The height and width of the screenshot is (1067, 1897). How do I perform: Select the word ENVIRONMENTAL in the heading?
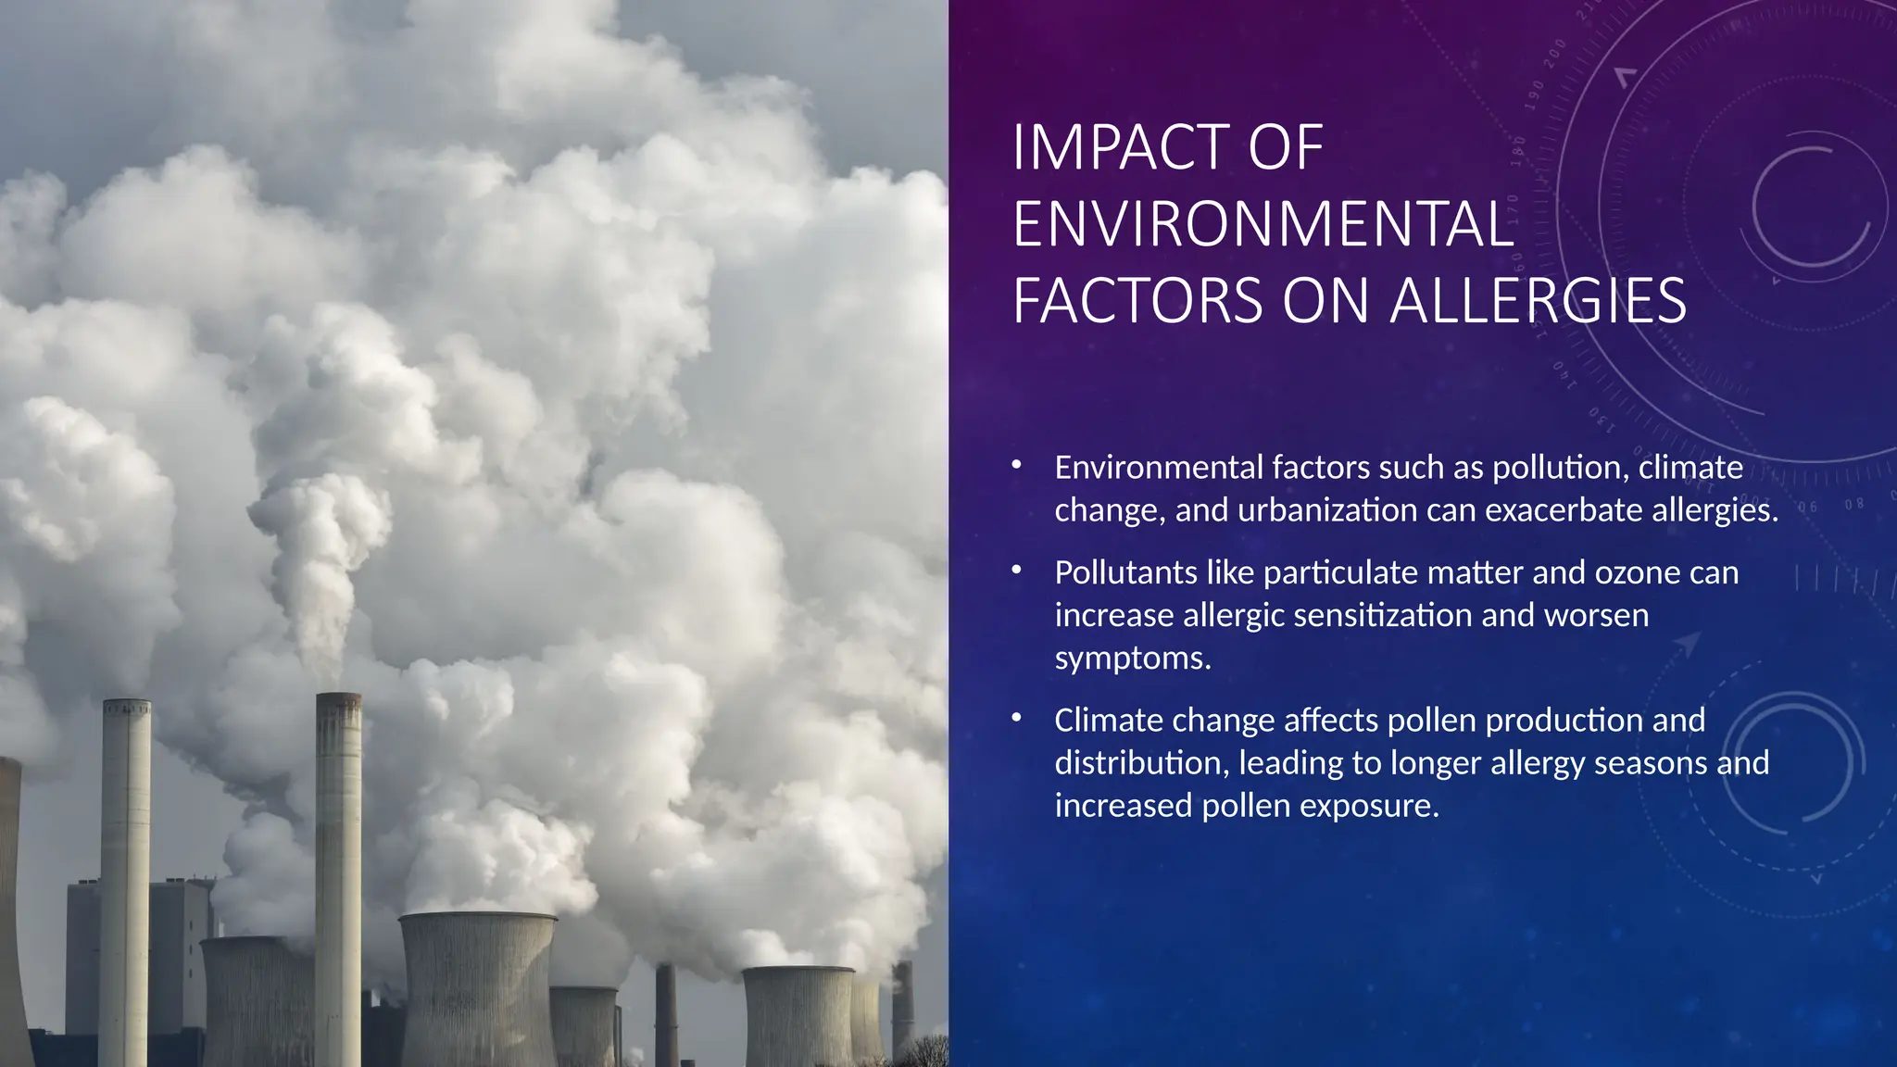1263,224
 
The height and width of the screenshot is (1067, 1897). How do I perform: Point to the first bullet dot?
1016,465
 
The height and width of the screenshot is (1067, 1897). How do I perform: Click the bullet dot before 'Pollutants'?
1016,571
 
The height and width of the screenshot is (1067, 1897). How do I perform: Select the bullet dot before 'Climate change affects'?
1016,718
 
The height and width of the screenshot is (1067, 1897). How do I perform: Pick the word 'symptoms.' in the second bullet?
1133,658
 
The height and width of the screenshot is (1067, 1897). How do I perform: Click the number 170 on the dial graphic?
1513,210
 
